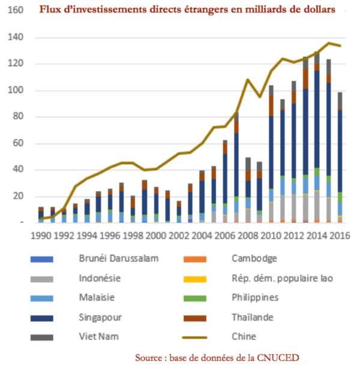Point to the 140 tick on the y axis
pyautogui.click(x=16, y=38)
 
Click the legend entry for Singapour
pyautogui.click(x=99, y=318)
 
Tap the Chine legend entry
pyautogui.click(x=244, y=337)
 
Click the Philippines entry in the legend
pyautogui.click(x=254, y=298)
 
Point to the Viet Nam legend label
pyautogui.click(x=99, y=337)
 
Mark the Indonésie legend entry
pyautogui.click(x=100, y=278)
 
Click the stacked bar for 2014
pyautogui.click(x=317, y=138)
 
